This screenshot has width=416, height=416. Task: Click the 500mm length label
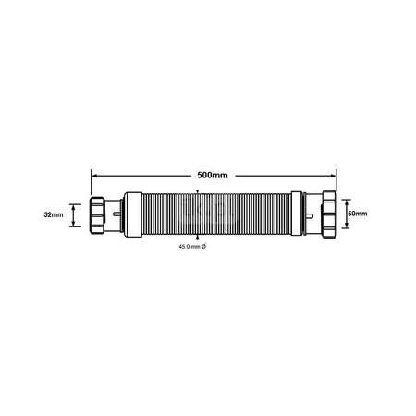click(212, 175)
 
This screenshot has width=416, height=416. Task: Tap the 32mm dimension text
click(54, 214)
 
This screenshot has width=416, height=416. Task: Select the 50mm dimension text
click(356, 214)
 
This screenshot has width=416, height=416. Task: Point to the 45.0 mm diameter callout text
click(188, 246)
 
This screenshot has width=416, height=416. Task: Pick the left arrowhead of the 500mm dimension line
click(93, 175)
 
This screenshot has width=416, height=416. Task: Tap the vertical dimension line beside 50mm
click(342, 214)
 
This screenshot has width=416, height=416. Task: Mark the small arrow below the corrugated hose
click(197, 239)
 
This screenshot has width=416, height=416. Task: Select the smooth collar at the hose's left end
click(131, 214)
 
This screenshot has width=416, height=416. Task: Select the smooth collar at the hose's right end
click(296, 214)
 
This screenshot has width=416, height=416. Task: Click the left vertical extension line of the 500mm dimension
click(91, 185)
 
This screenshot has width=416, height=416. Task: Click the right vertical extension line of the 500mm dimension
click(336, 185)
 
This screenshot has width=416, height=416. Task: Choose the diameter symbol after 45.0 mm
click(203, 246)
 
